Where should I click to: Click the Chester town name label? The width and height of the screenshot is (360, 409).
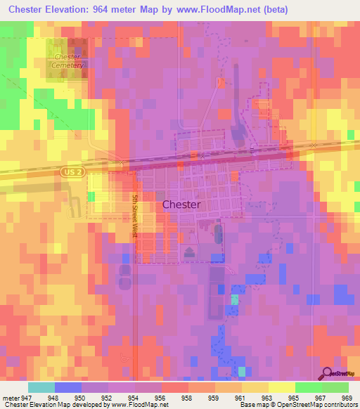[181, 204]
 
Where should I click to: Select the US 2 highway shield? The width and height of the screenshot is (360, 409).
[68, 171]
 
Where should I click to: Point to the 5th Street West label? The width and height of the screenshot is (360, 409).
[134, 216]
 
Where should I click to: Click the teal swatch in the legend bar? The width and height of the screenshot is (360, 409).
[41, 387]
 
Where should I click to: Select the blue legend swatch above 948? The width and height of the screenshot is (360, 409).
[68, 387]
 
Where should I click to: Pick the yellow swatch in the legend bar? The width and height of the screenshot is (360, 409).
[282, 387]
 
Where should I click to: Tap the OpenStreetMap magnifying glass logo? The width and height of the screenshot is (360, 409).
[328, 373]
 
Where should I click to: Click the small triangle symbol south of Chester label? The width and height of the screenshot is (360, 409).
[188, 252]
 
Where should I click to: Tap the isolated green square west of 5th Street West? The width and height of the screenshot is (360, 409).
[90, 197]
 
